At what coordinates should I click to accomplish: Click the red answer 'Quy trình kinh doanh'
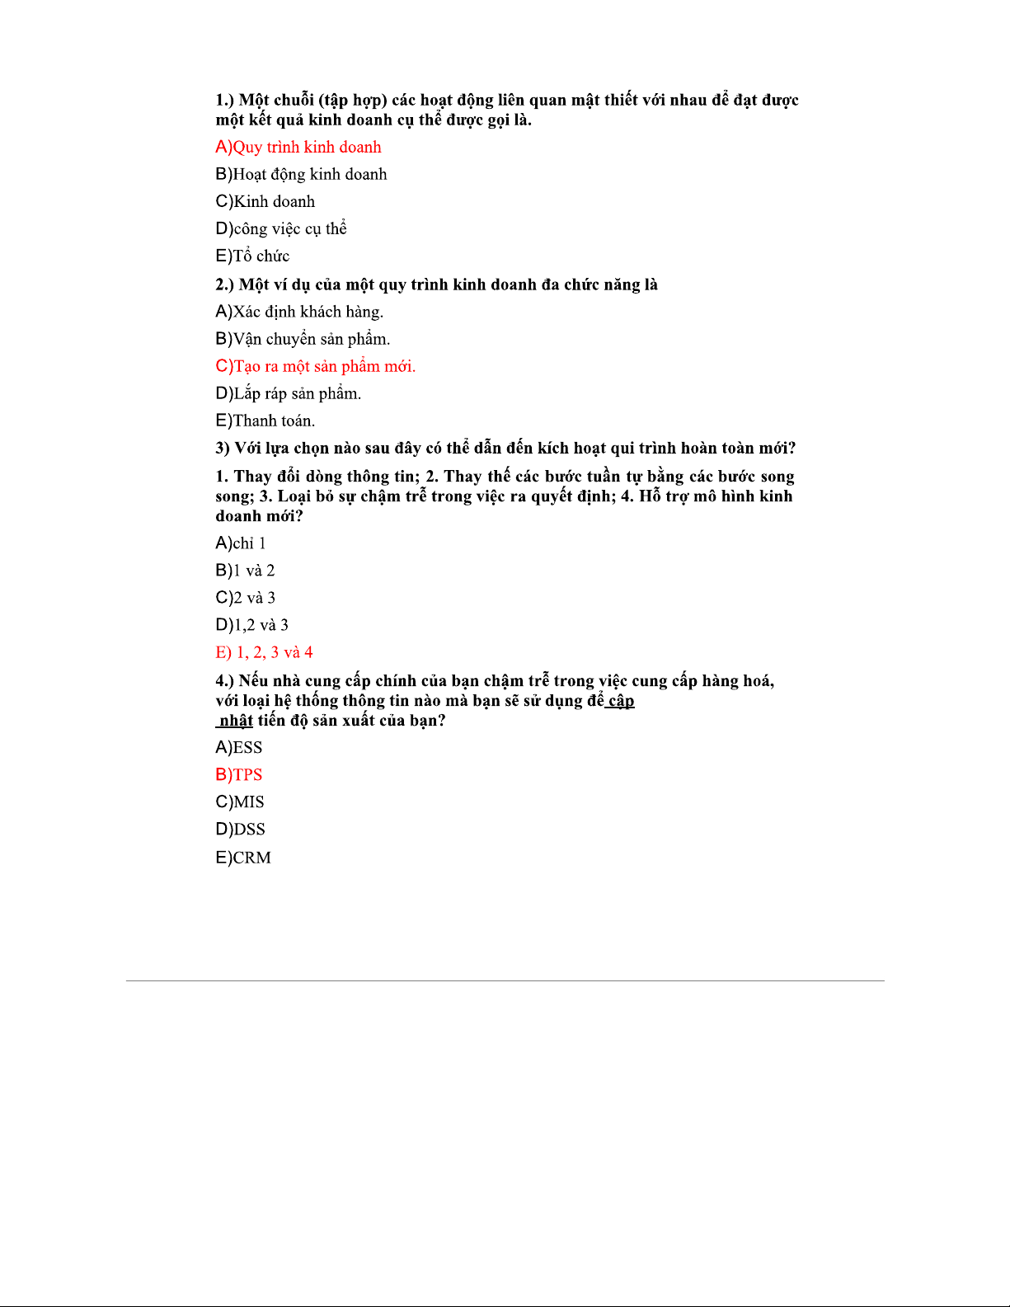click(298, 148)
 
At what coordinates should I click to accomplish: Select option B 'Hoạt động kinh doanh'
click(301, 175)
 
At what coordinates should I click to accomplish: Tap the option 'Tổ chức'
click(252, 256)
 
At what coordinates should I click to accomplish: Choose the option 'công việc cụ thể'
click(281, 229)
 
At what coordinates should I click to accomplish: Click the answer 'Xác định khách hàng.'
click(299, 312)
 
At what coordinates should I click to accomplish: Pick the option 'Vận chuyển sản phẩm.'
click(303, 339)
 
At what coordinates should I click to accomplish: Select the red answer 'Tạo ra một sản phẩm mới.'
click(316, 366)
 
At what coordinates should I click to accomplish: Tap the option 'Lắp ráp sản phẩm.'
click(289, 393)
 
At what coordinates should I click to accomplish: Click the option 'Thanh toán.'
click(265, 421)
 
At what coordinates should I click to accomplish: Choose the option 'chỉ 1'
click(241, 543)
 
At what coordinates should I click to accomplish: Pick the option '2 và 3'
click(246, 598)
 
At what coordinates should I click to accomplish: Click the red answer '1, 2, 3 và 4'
click(265, 652)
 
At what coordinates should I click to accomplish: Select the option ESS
click(239, 748)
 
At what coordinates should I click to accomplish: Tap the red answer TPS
click(239, 775)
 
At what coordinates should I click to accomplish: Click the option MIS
click(240, 802)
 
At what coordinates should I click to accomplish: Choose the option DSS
click(240, 830)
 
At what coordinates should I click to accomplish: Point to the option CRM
click(243, 858)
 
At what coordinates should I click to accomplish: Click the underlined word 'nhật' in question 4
click(236, 721)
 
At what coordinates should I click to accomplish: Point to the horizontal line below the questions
click(505, 980)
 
